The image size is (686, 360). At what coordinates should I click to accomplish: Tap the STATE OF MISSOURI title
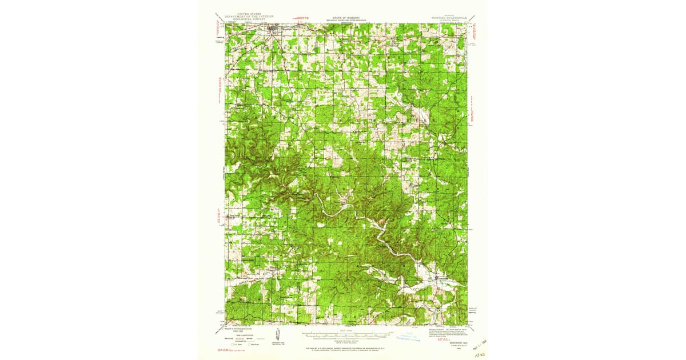coord(342,17)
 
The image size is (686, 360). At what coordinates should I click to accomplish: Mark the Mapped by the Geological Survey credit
coord(241,329)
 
